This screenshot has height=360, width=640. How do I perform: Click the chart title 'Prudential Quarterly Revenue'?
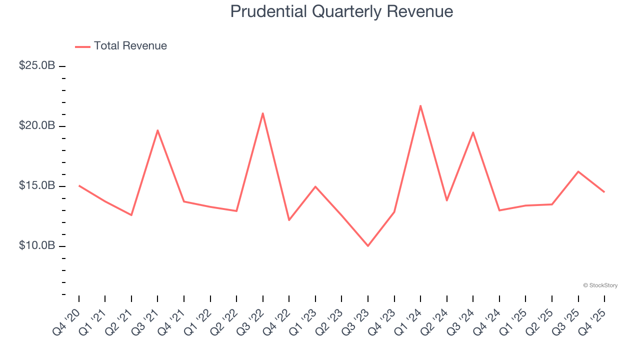341,11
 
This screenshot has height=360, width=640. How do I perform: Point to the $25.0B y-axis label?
37,65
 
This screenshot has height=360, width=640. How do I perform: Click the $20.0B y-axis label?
37,125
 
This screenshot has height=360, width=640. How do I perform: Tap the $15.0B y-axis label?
37,185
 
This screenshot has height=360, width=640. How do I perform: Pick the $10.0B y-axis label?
37,245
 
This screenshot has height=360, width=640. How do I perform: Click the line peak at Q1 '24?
420,105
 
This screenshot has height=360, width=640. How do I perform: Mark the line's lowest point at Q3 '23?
368,246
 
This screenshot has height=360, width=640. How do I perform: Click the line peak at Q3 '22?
263,113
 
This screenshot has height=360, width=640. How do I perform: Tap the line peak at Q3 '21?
157,130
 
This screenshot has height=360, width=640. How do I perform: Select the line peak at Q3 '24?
473,132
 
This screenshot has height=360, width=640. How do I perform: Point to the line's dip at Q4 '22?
289,220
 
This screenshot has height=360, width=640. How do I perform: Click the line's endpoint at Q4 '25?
604,192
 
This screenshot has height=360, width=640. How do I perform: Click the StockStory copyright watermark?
600,285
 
